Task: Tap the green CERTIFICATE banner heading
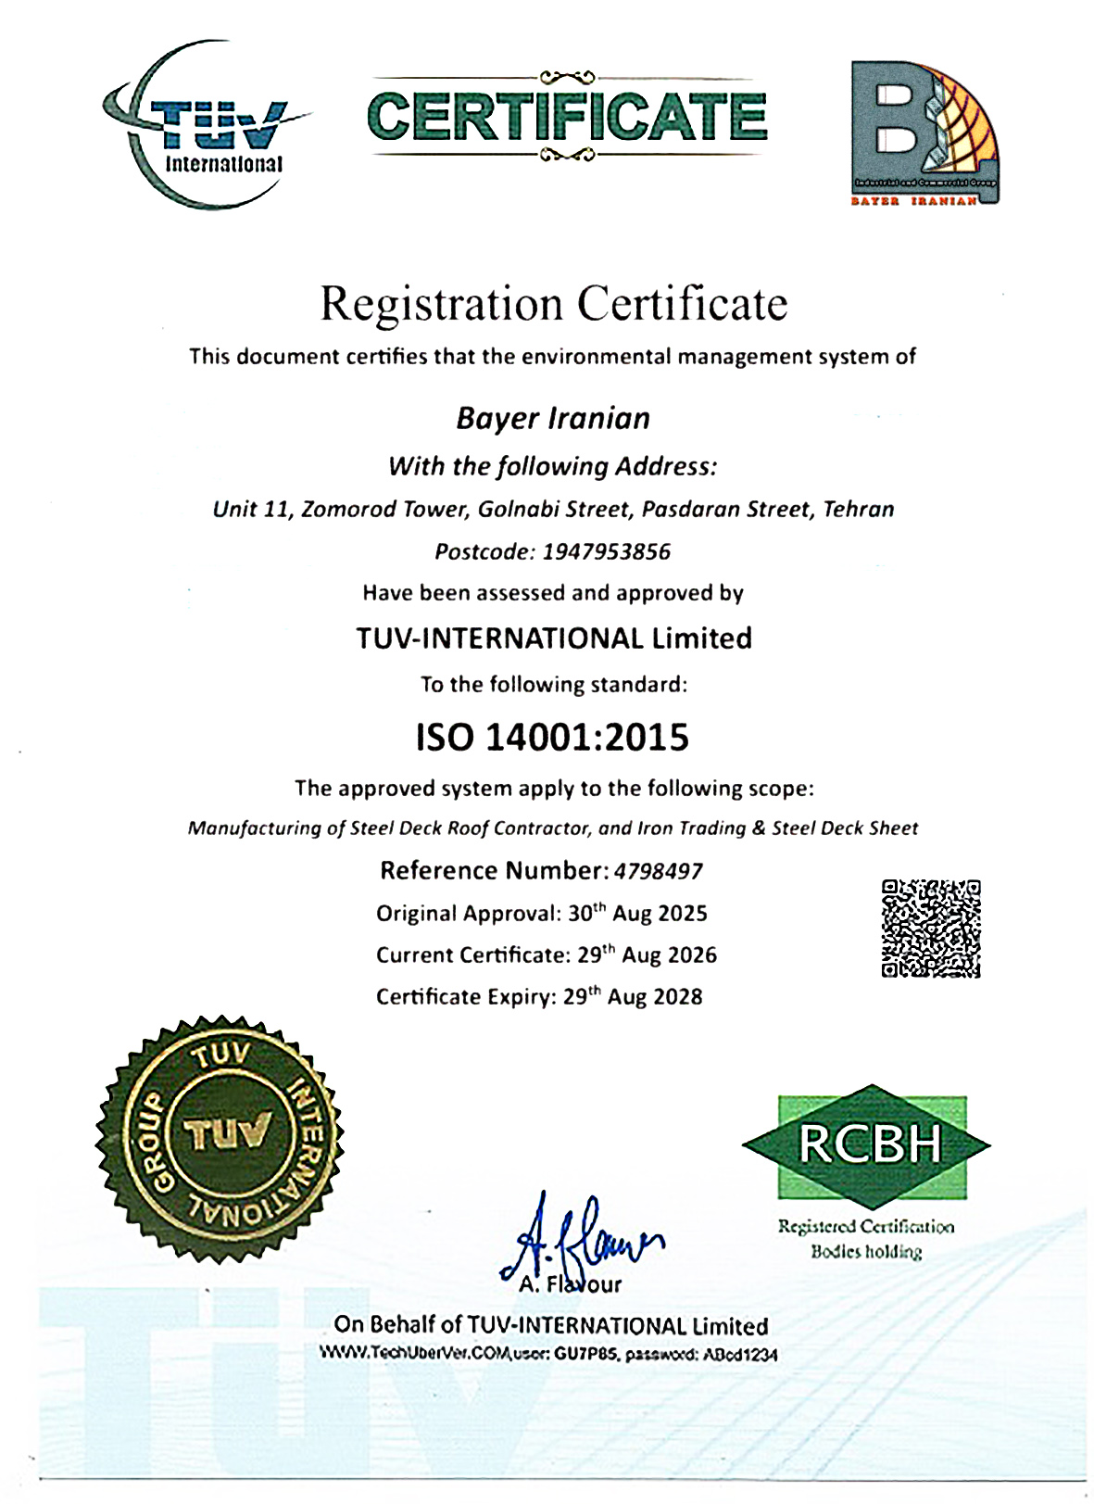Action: click(567, 117)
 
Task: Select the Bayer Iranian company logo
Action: click(924, 133)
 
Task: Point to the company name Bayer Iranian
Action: click(553, 418)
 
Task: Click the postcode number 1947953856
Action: click(606, 552)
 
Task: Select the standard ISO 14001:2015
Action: click(553, 738)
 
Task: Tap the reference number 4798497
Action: click(658, 871)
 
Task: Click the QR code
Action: click(930, 928)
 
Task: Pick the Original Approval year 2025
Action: click(682, 914)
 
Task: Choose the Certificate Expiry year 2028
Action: click(678, 997)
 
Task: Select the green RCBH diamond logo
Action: click(867, 1145)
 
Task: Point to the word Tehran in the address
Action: click(859, 509)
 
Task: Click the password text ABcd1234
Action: click(740, 1354)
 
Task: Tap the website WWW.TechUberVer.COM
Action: click(416, 1353)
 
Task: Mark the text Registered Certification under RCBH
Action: click(865, 1227)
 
